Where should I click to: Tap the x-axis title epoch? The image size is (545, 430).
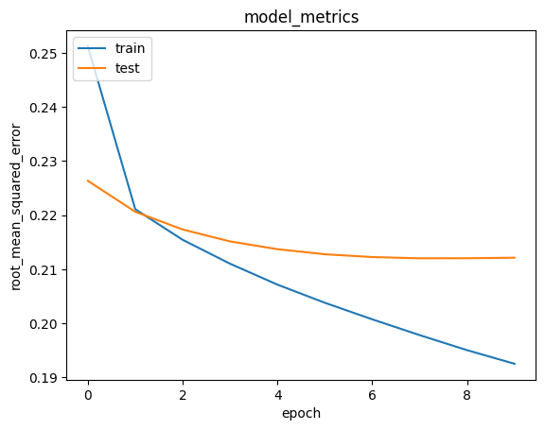[302, 413]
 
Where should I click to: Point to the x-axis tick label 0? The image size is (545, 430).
[88, 395]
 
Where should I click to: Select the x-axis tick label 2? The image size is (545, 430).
[183, 395]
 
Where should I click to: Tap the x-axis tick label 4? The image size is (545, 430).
[277, 395]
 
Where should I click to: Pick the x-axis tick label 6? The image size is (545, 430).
[373, 395]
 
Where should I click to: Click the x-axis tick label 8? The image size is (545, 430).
[467, 395]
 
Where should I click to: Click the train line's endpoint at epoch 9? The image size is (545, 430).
[515, 364]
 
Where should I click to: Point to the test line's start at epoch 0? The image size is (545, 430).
[88, 181]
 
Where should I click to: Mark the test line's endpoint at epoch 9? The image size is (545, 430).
[515, 257]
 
